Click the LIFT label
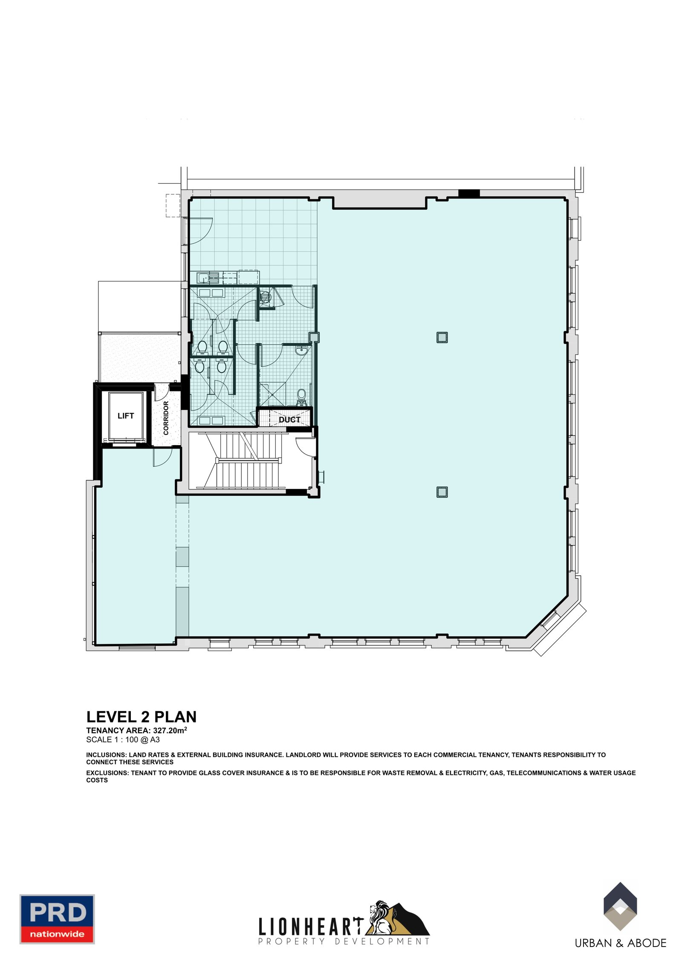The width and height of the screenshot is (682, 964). tap(126, 416)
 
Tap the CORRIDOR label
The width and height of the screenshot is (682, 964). tap(166, 417)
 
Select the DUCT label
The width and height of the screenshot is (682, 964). tap(289, 420)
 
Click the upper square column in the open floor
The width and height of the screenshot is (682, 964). tap(442, 337)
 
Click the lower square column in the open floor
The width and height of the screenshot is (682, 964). tap(442, 492)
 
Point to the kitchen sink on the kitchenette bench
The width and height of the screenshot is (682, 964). tap(205, 278)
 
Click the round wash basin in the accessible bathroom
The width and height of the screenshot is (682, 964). tap(302, 351)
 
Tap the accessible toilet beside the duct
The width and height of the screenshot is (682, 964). tap(302, 396)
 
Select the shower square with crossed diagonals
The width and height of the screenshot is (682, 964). tap(272, 394)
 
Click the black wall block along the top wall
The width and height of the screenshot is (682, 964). tap(469, 193)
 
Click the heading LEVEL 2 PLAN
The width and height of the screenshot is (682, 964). tap(141, 717)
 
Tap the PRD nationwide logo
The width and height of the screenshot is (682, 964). tap(57, 919)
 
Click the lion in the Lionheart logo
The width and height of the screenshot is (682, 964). tap(381, 918)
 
